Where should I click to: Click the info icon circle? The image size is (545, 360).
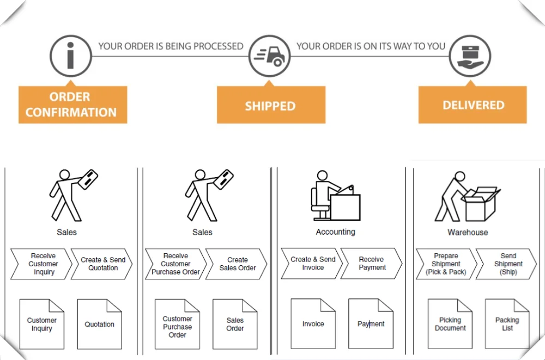[71, 56]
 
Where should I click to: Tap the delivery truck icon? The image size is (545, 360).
[270, 56]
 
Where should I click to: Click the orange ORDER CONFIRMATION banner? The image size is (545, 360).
[72, 105]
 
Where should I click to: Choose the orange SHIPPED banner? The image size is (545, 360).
[271, 105]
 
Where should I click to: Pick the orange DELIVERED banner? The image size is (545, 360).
[473, 105]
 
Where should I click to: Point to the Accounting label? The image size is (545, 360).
[335, 232]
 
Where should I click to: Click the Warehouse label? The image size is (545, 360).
[468, 232]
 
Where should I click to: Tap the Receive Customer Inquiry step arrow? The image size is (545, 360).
[42, 264]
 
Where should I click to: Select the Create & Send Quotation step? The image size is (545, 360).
[102, 264]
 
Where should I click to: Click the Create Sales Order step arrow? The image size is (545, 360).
[237, 264]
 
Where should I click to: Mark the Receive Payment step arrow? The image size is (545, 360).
[372, 264]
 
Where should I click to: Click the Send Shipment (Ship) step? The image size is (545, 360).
[507, 264]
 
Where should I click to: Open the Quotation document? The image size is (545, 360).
[99, 324]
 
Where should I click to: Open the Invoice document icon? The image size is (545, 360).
[313, 324]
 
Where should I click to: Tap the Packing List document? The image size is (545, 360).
[507, 324]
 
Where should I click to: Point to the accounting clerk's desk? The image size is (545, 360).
[344, 206]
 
